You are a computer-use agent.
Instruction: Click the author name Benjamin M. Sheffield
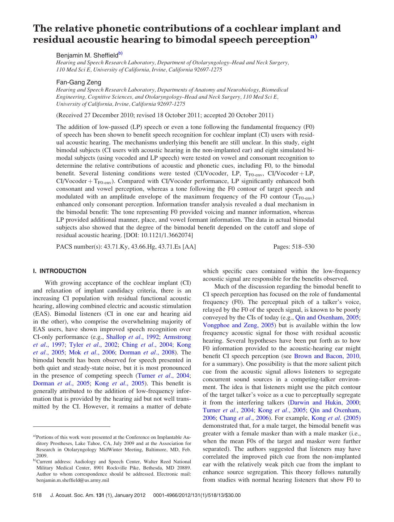click(x=87, y=55)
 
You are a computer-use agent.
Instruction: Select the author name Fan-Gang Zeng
click(x=78, y=82)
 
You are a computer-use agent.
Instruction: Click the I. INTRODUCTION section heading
click(x=60, y=271)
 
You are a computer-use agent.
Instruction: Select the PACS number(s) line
click(x=126, y=247)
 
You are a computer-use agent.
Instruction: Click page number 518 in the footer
click(x=37, y=495)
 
